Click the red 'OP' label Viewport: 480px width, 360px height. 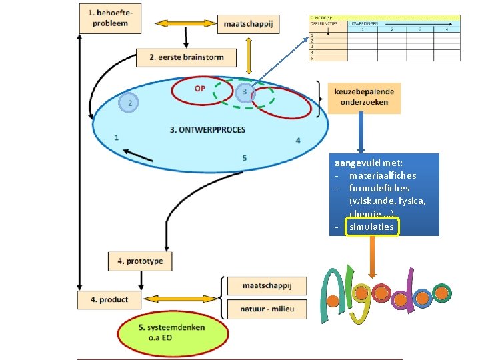200,89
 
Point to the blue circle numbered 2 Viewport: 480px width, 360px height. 129,103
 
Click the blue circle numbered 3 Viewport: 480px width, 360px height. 245,91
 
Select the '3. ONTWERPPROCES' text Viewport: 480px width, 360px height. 207,130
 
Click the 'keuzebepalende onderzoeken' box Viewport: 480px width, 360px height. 365,97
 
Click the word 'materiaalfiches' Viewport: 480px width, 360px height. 382,175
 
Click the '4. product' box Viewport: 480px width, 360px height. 104,300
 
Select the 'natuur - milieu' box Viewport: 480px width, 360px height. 267,309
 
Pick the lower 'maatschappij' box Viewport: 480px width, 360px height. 267,286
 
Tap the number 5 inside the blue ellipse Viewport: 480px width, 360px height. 245,158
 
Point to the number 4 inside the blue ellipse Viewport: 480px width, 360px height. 298,141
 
